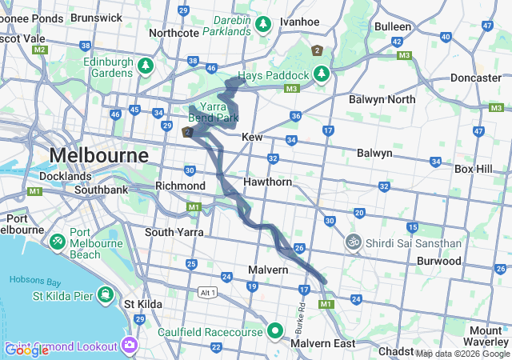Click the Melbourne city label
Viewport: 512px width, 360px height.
[x=99, y=154]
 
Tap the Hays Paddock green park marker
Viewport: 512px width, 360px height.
[x=322, y=74]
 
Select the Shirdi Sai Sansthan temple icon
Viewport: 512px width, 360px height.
[x=353, y=241]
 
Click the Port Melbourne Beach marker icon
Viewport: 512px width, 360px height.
[x=58, y=241]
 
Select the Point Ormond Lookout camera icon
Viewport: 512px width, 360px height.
[x=130, y=346]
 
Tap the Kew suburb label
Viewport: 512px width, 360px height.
[x=252, y=138]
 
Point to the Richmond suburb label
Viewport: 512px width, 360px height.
[x=180, y=186]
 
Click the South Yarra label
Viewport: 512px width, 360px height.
[x=174, y=232]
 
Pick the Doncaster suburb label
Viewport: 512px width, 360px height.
[x=475, y=78]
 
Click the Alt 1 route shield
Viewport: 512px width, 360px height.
[x=208, y=292]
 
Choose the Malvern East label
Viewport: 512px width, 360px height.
[x=323, y=343]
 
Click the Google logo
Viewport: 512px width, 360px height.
[x=27, y=350]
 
